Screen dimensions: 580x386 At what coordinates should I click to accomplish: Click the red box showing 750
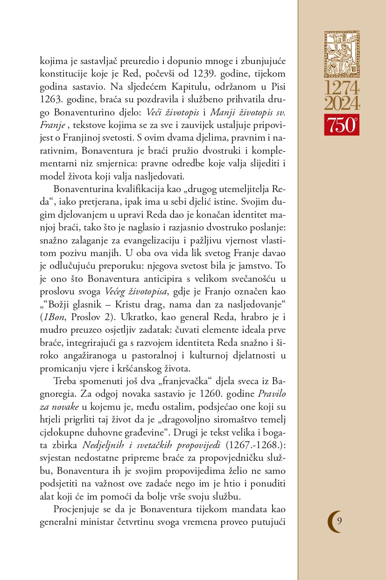342,124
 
